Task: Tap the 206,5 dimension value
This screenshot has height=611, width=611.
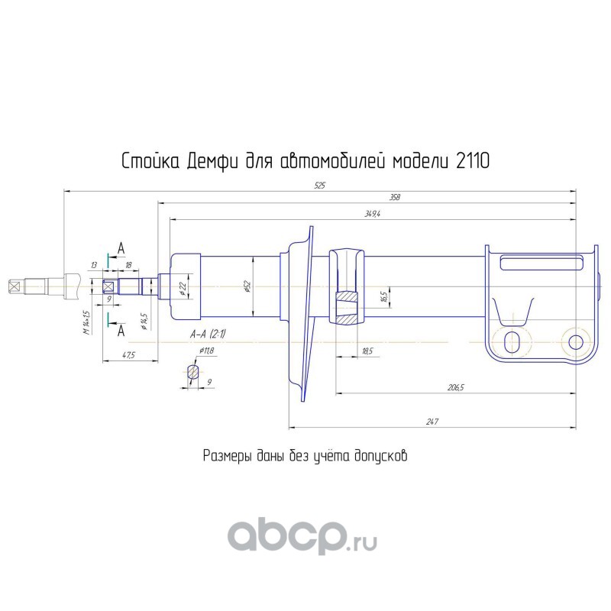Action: pos(456,389)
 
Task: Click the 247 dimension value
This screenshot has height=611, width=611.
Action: pos(432,421)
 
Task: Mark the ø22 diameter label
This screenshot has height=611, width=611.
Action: pos(183,287)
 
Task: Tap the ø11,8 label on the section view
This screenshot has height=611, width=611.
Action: pos(206,351)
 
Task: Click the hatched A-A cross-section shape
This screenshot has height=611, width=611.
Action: pos(193,373)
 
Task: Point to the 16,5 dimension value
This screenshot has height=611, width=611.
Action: pos(384,295)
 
